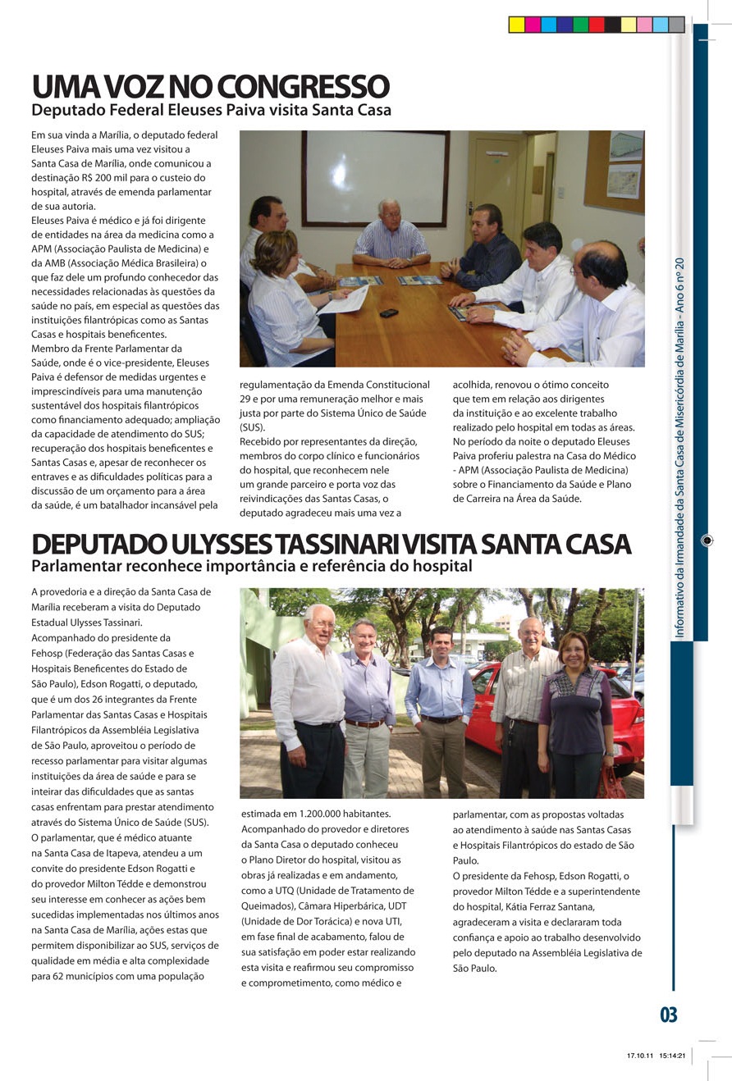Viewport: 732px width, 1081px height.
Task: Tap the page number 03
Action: [x=669, y=1015]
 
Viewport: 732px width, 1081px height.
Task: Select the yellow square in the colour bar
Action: [x=516, y=25]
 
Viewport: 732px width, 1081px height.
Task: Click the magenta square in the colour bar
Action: [x=533, y=25]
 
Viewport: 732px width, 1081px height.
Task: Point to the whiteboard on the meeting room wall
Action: [x=375, y=177]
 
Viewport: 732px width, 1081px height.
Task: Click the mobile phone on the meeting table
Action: [x=388, y=312]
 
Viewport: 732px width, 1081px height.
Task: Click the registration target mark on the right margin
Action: [x=707, y=540]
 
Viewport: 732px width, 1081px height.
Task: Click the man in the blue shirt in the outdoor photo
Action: [x=440, y=705]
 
